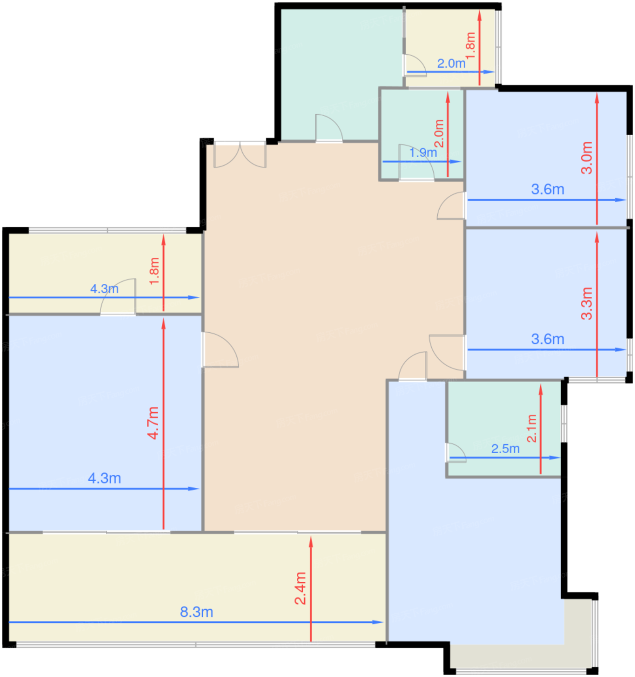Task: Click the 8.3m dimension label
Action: click(x=196, y=612)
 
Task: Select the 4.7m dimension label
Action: click(x=153, y=423)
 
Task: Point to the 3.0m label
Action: click(x=587, y=158)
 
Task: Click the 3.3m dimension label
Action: click(x=587, y=303)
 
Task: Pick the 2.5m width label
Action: click(x=505, y=449)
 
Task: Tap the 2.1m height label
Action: click(x=532, y=428)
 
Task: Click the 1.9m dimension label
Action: click(x=423, y=152)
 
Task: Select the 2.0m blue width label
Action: click(x=451, y=63)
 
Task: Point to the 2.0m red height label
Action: click(x=440, y=133)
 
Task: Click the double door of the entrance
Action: click(x=240, y=154)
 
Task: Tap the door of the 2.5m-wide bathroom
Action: click(x=456, y=452)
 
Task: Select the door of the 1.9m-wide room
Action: click(x=416, y=162)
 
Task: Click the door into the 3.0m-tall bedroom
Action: click(x=451, y=206)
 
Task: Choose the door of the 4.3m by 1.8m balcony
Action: click(x=118, y=296)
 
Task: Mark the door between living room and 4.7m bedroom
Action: click(x=221, y=350)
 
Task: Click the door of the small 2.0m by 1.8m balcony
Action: click(x=415, y=65)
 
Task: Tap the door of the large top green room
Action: click(x=329, y=128)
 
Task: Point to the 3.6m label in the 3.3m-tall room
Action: click(x=547, y=339)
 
